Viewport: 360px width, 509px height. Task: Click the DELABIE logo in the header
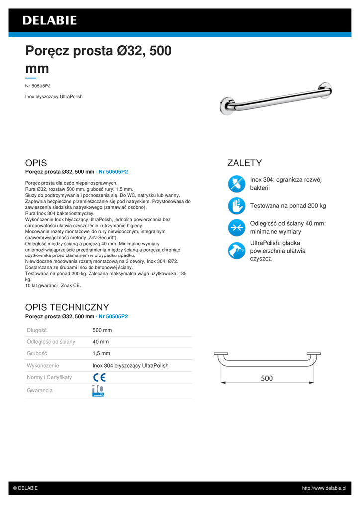[x=49, y=20]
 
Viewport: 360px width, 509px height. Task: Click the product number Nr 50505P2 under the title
[x=38, y=86]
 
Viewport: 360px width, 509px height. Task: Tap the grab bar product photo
[x=276, y=98]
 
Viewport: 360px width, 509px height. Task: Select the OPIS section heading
[x=36, y=163]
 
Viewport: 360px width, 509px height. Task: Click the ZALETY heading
[x=244, y=163]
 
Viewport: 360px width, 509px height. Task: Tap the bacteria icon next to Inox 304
[x=236, y=184]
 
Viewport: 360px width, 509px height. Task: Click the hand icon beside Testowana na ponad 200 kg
[x=236, y=206]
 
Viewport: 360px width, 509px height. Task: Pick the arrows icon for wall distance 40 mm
[x=236, y=228]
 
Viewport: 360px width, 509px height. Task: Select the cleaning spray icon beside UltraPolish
[x=236, y=251]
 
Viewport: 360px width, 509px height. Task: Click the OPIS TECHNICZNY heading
[x=67, y=307]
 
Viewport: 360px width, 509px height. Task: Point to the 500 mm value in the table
[x=102, y=330]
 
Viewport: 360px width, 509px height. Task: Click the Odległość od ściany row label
[x=51, y=342]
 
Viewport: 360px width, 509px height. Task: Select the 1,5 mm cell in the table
[x=101, y=354]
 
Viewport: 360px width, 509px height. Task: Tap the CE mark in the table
[x=99, y=377]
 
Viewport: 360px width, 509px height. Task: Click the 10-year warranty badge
[x=98, y=391]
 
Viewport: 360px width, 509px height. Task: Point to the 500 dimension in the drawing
[x=267, y=378]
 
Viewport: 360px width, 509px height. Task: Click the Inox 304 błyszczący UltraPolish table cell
[x=130, y=366]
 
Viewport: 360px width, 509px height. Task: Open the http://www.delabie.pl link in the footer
[x=324, y=488]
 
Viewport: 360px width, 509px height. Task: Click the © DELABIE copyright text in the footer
[x=25, y=488]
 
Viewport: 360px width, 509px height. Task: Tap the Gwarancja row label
[x=40, y=391]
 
